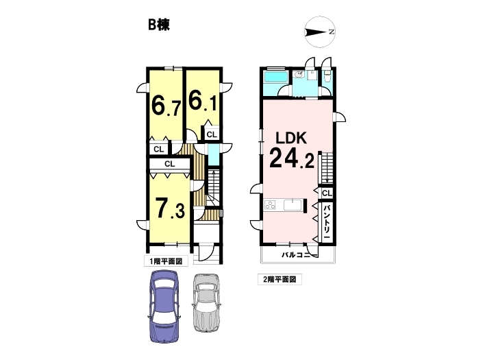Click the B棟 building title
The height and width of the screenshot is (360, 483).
[159, 25]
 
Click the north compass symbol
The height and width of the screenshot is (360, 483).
[320, 32]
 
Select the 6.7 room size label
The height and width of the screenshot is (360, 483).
[166, 105]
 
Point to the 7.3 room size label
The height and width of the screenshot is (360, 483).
[170, 208]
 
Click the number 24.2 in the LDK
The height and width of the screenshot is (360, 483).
[292, 158]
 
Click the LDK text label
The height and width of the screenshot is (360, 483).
[291, 138]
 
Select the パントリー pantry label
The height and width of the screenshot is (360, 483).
[327, 221]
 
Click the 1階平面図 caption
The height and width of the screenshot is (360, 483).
[166, 261]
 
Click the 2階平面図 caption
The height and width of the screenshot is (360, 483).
[280, 279]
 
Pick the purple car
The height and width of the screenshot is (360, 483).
[164, 307]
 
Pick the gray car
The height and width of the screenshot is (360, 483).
[206, 303]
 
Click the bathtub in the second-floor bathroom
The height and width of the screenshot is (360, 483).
[276, 77]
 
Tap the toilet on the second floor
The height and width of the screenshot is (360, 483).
[327, 76]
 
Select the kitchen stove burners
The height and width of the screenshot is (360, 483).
[270, 205]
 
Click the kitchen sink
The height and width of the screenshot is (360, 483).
[293, 205]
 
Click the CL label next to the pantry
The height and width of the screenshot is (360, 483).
[327, 193]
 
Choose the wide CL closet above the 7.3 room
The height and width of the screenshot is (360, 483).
[169, 164]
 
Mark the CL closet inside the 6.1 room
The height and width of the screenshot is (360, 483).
[212, 134]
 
